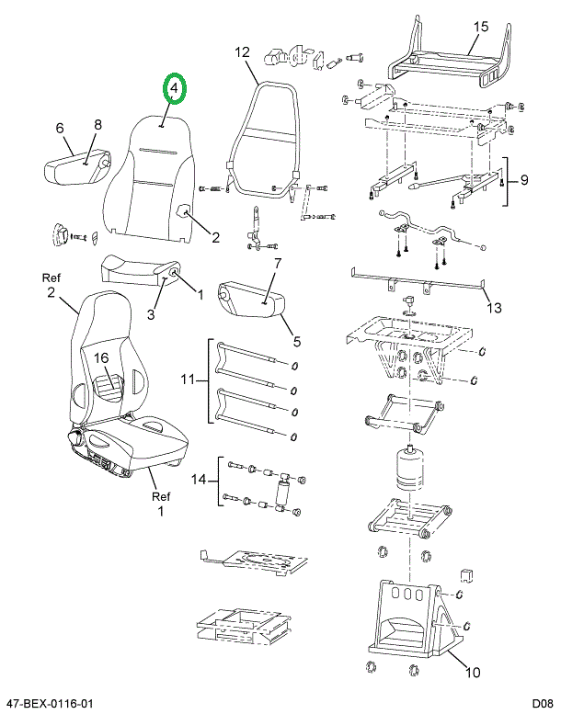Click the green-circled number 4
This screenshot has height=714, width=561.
[175, 88]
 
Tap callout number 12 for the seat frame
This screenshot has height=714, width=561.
[243, 51]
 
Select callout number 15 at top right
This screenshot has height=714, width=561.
[480, 27]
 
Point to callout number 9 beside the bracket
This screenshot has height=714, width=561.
[524, 180]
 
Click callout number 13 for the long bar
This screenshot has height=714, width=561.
[495, 308]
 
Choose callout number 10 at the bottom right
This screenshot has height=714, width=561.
[473, 672]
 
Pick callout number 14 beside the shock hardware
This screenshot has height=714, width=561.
[199, 480]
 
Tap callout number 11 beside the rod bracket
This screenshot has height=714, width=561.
[188, 379]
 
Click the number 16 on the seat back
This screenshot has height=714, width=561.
[102, 357]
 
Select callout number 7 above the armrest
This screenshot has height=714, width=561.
[277, 263]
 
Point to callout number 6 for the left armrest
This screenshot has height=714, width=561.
[60, 128]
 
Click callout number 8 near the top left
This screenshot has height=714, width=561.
[97, 125]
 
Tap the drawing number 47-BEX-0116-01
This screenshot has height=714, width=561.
[47, 704]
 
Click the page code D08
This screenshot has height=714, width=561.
[543, 704]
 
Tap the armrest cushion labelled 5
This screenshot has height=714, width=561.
[251, 300]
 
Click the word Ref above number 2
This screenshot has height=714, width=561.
[51, 278]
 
